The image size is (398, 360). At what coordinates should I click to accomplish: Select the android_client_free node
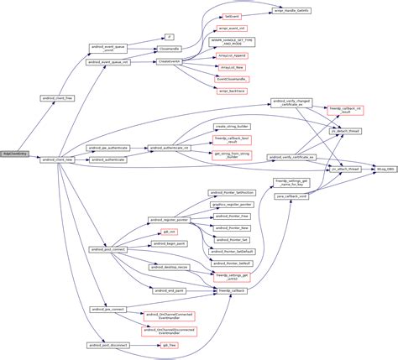(57, 98)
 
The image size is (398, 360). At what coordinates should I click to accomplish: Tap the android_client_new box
(57, 158)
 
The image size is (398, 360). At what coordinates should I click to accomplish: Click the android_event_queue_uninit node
(107, 49)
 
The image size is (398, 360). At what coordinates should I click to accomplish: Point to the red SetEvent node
(231, 15)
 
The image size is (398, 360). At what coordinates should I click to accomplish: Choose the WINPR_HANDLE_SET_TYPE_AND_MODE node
(231, 40)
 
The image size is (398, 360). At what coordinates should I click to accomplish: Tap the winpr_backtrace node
(231, 90)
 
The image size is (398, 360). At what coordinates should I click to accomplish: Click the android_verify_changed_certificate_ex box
(292, 102)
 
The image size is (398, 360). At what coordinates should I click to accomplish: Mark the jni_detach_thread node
(344, 130)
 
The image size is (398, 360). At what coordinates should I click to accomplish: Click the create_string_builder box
(231, 125)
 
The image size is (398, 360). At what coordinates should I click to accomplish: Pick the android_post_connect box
(107, 248)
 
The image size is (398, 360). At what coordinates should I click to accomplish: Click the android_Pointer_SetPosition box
(231, 192)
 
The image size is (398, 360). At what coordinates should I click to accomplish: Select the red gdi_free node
(170, 344)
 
